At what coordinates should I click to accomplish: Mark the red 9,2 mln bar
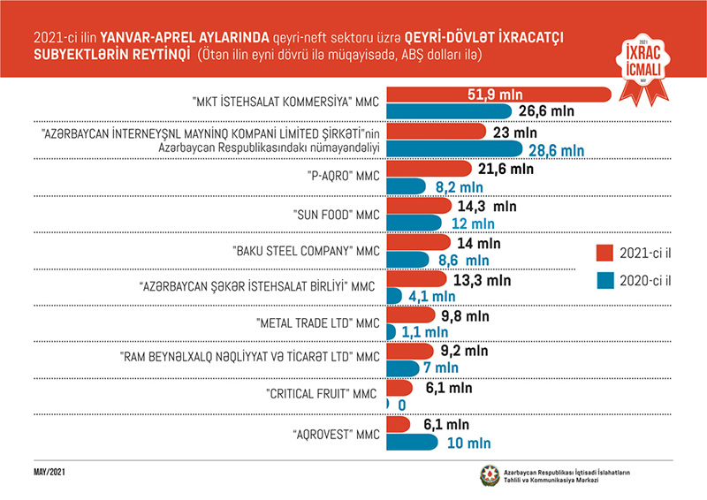coord(407,350)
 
